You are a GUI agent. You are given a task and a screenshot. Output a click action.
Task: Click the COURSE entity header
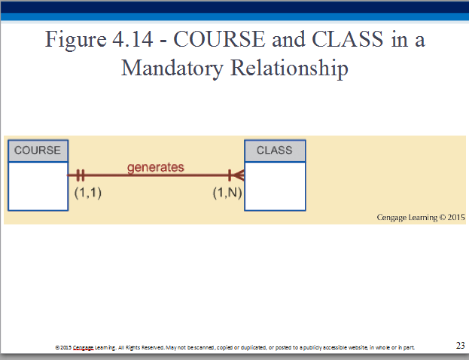(x=38, y=151)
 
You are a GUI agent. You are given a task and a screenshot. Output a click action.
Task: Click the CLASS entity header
(x=275, y=151)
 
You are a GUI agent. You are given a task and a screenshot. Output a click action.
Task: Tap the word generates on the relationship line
(x=156, y=167)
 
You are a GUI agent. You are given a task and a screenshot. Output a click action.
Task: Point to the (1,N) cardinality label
(x=227, y=193)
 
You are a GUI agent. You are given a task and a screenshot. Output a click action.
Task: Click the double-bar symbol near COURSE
(x=80, y=175)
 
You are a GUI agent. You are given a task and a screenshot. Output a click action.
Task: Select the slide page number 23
(x=460, y=346)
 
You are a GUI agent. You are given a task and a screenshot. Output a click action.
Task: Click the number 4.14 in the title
(x=132, y=39)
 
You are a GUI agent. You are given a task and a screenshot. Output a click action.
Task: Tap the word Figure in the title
(x=76, y=40)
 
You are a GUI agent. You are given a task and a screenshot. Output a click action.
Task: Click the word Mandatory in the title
(x=172, y=69)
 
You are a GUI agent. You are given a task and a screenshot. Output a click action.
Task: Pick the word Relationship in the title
(x=289, y=69)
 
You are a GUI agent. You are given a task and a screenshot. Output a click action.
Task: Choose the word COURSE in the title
(x=219, y=39)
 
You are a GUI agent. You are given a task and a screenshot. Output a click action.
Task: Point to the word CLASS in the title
(x=347, y=39)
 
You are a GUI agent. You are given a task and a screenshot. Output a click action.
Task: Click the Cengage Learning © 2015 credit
(x=421, y=217)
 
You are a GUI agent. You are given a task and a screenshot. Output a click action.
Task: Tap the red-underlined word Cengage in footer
(x=83, y=348)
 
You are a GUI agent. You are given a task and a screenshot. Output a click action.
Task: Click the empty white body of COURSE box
(x=38, y=186)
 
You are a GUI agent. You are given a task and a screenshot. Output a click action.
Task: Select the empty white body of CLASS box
(x=275, y=186)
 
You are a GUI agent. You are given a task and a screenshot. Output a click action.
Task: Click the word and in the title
(x=288, y=39)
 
